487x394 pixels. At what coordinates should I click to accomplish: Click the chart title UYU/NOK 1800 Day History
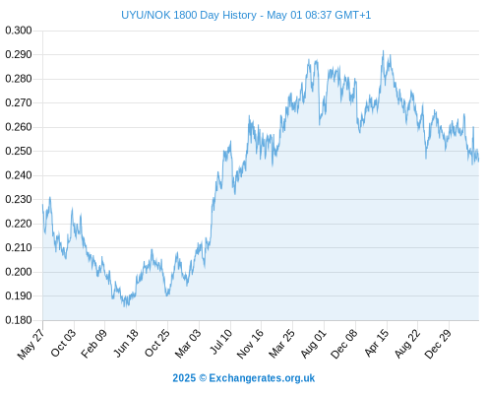189,15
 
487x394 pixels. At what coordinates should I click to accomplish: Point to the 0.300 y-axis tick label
19,31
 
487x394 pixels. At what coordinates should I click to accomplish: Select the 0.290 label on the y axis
19,54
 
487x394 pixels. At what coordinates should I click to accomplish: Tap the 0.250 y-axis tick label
19,151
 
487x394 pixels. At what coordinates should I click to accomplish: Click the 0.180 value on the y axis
19,320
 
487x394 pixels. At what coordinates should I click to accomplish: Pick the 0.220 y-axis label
19,224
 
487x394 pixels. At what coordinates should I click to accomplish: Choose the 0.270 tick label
19,102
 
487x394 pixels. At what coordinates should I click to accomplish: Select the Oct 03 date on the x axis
63,343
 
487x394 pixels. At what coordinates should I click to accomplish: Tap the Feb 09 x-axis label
93,344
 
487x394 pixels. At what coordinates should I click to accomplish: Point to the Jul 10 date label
220,342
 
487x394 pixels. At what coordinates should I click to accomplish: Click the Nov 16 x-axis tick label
250,344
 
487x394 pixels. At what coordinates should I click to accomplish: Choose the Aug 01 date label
314,344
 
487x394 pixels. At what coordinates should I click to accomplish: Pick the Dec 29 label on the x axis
438,344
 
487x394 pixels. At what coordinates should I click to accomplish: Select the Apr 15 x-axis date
377,343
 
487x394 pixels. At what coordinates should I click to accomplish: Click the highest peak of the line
383,51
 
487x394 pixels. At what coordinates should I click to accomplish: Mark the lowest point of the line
125,306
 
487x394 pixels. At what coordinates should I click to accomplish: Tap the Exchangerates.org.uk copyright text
244,378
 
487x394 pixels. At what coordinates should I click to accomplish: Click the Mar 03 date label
187,344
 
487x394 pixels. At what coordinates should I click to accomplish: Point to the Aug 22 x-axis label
407,344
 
